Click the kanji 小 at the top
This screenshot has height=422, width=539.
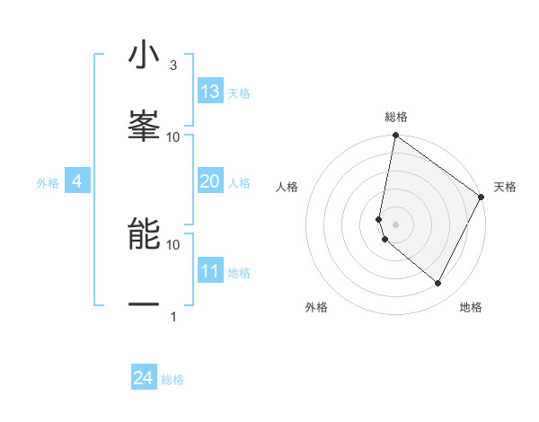tap(144, 55)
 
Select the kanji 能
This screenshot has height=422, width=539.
tap(144, 234)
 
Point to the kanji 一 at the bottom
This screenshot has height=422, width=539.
tap(144, 306)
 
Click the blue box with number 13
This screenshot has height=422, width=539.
tap(210, 92)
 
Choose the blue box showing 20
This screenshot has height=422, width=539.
tap(210, 181)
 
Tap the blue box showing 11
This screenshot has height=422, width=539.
tap(210, 271)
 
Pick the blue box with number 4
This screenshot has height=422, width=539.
tap(77, 181)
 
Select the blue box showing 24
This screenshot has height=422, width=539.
tap(144, 378)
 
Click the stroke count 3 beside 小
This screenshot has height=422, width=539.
tap(172, 66)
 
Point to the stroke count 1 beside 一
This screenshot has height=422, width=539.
tap(172, 317)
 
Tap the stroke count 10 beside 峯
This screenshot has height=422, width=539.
tap(173, 137)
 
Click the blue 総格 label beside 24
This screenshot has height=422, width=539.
tap(172, 380)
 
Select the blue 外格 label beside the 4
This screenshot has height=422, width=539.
tap(48, 183)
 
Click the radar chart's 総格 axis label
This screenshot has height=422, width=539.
tap(396, 117)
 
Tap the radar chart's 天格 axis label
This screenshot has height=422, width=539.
tap(506, 187)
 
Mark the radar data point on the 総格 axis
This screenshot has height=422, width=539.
tap(395, 136)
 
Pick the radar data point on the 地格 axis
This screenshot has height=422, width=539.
tap(438, 283)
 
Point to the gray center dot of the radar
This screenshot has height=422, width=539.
tap(395, 224)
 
